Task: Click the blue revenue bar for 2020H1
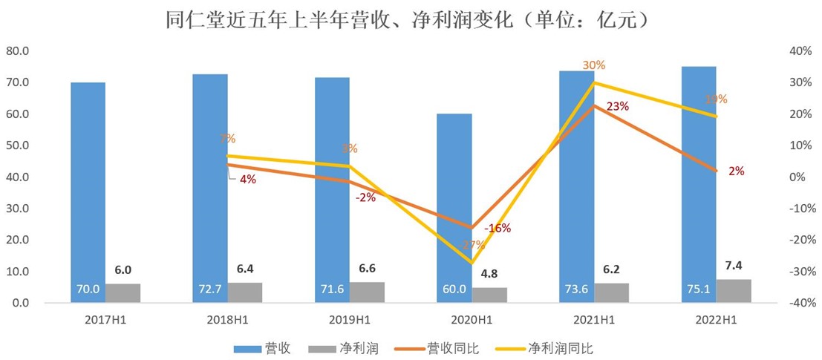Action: click(x=454, y=208)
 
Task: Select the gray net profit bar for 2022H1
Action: click(x=734, y=291)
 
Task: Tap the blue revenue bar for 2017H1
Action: click(x=88, y=192)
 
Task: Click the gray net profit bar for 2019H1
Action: click(x=367, y=292)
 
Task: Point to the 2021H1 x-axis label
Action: click(x=594, y=320)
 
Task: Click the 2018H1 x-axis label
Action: click(x=227, y=320)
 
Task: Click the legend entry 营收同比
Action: click(x=438, y=347)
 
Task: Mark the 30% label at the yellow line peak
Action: click(x=593, y=66)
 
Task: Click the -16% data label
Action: click(x=497, y=228)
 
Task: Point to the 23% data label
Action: click(x=618, y=107)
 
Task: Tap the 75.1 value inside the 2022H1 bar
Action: click(x=698, y=289)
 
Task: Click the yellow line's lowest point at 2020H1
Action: click(x=472, y=263)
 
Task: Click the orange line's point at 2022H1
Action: click(x=717, y=171)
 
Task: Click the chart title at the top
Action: click(x=411, y=19)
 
